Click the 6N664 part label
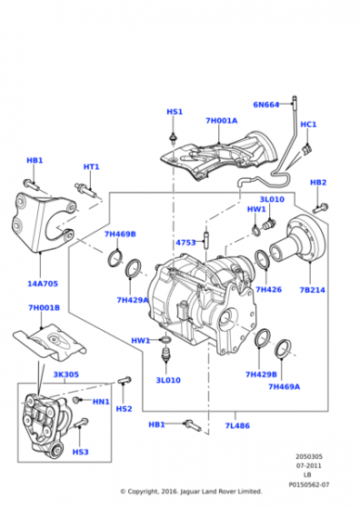[x=265, y=105]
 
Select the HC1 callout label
[x=308, y=125]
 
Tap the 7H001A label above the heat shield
[x=222, y=120]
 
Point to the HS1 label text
[x=175, y=112]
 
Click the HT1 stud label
[x=91, y=167]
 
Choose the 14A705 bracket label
[x=43, y=284]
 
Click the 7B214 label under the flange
[x=312, y=290]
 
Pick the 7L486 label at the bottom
[x=237, y=425]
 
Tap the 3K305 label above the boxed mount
[x=65, y=374]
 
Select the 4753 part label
[x=185, y=243]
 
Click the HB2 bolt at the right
[x=321, y=208]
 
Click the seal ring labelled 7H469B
[x=115, y=258]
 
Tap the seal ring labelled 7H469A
[x=283, y=350]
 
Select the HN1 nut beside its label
[x=76, y=400]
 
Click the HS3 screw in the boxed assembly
[x=81, y=423]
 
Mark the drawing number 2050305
[x=309, y=456]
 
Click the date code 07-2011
[x=309, y=465]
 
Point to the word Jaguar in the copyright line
[x=190, y=492]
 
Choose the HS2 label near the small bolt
[x=124, y=409]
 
